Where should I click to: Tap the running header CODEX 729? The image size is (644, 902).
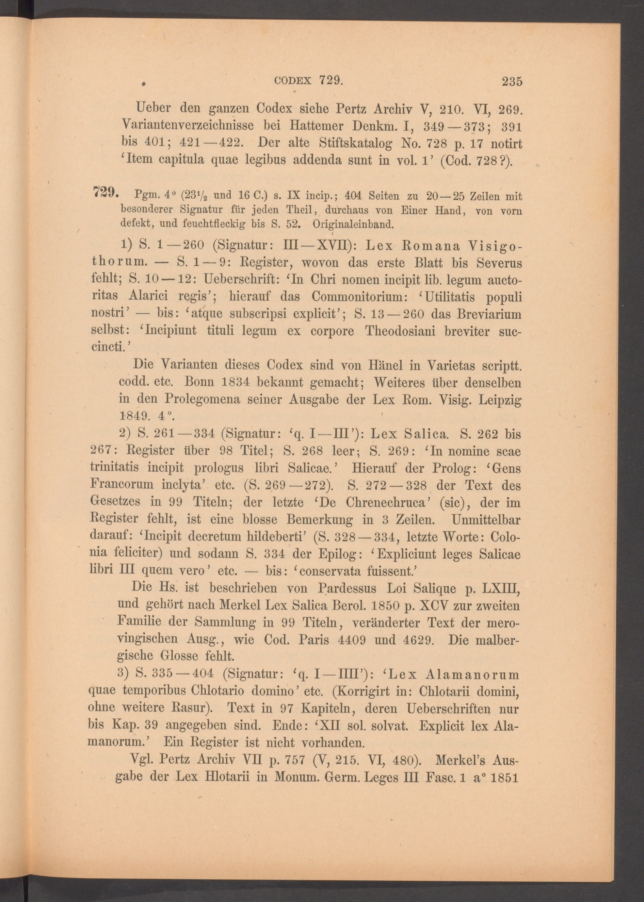click(308, 81)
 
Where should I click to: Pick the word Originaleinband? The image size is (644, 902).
click(353, 224)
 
